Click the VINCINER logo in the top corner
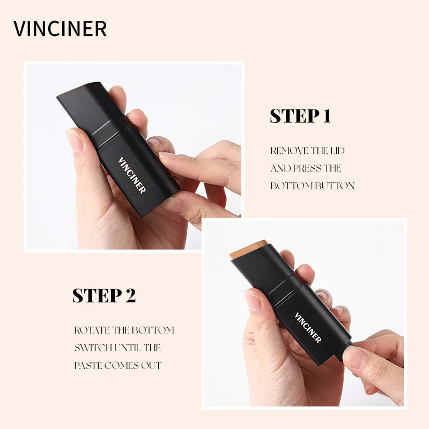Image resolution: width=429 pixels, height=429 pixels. (60, 28)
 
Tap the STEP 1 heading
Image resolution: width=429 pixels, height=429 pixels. (300, 116)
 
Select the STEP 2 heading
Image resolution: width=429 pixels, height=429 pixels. (104, 295)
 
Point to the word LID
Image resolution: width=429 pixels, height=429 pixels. (337, 151)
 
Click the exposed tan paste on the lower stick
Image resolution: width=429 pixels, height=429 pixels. (248, 249)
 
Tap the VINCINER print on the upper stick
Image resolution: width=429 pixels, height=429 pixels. (132, 175)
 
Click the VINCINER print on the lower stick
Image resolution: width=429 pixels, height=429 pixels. (308, 328)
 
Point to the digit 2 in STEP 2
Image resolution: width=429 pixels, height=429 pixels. (130, 295)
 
